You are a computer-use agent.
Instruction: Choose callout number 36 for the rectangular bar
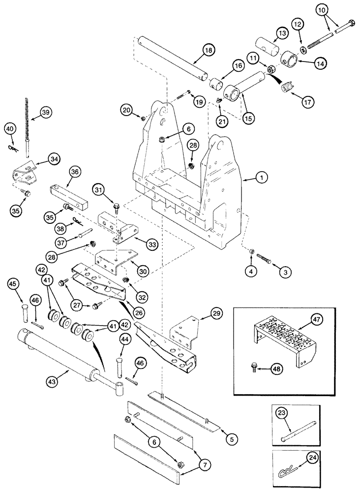(x=74, y=172)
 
